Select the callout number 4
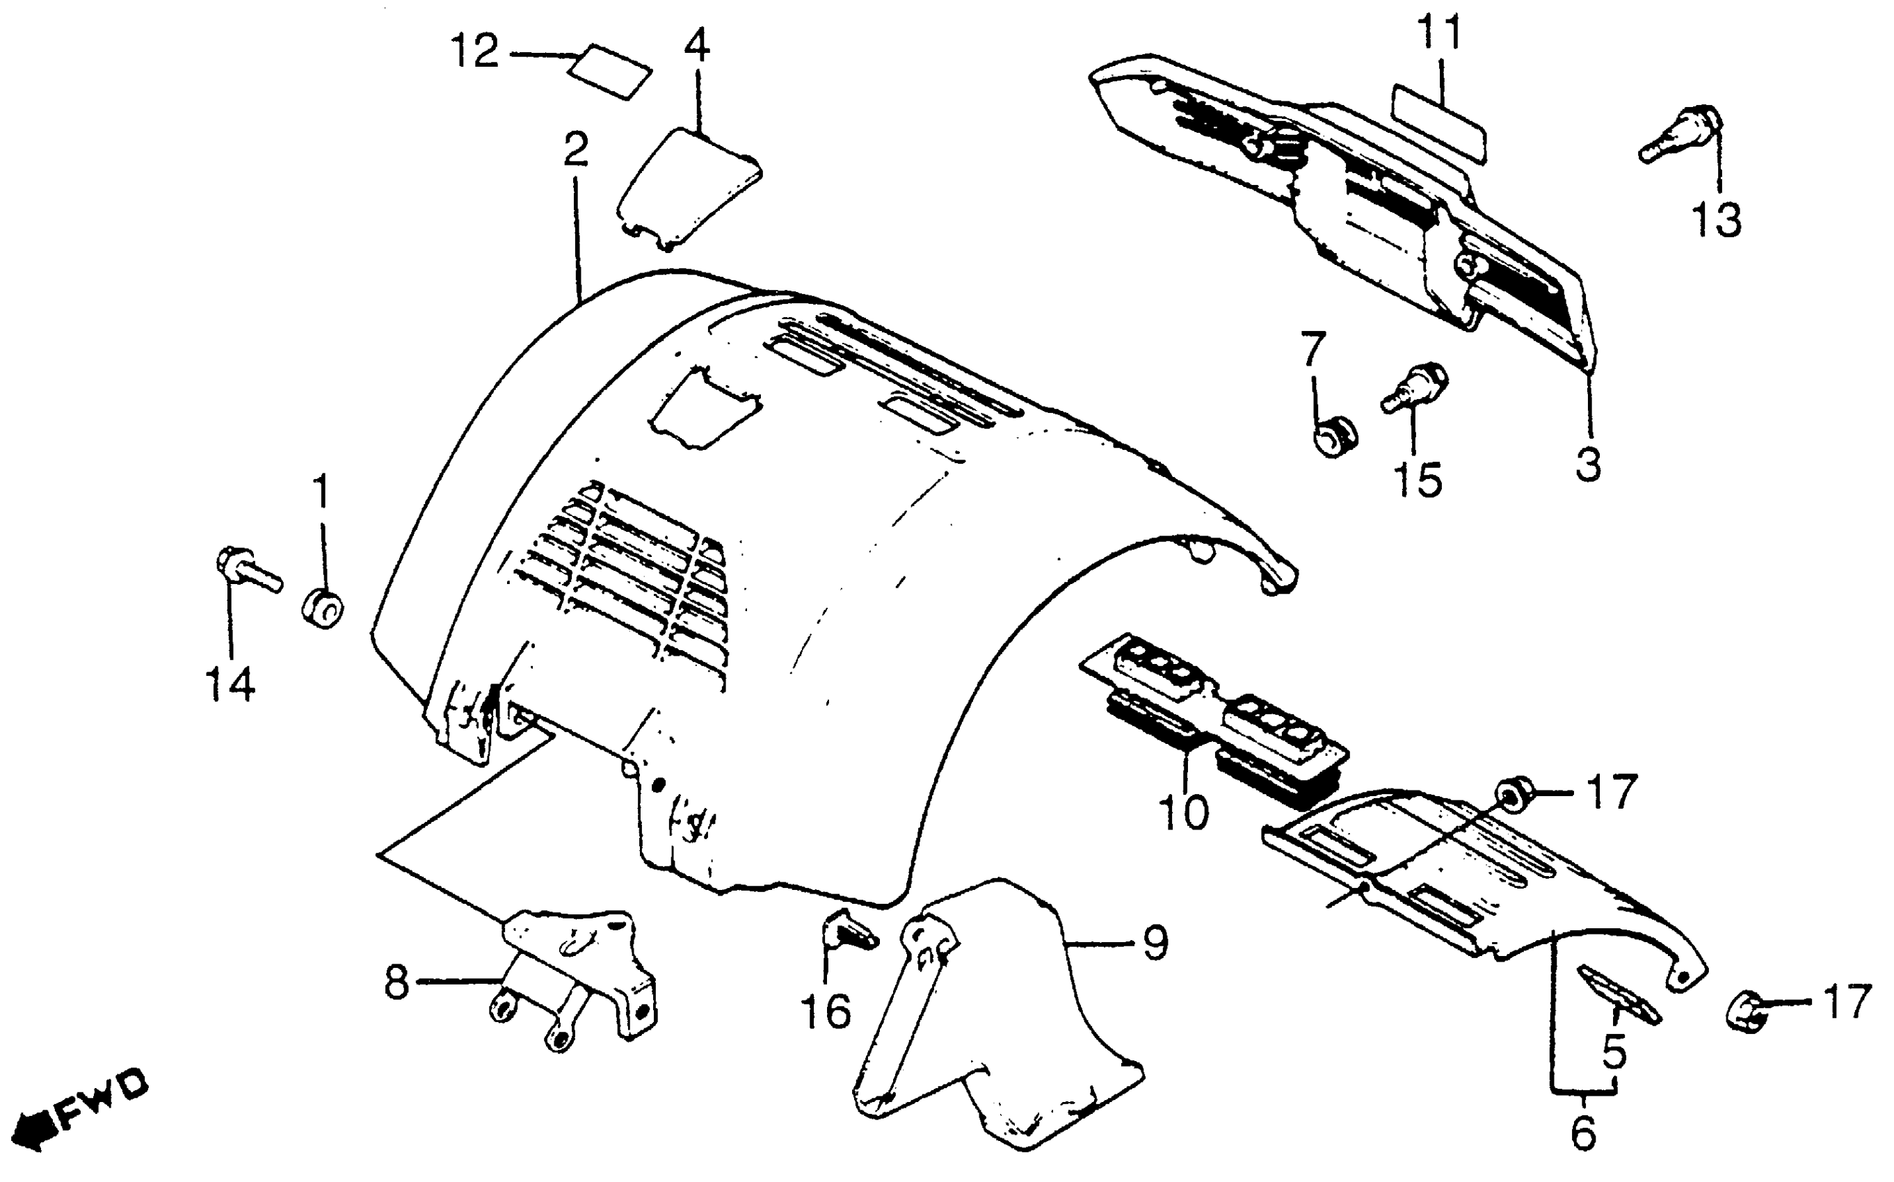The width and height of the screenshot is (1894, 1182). coord(697,47)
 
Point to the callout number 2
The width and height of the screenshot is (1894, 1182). coord(575,150)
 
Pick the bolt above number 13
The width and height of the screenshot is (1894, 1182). coord(1681,136)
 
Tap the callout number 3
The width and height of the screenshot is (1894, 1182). coord(1588,464)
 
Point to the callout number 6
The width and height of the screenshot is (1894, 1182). coord(1583,1133)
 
